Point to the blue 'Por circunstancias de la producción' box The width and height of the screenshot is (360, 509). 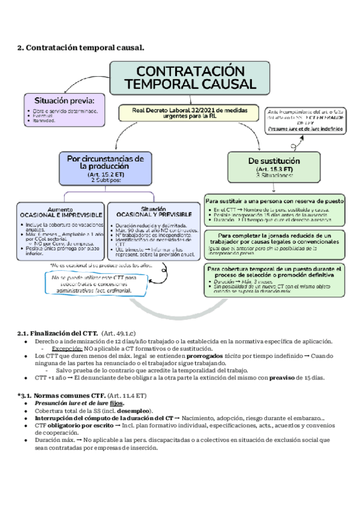tap(105, 167)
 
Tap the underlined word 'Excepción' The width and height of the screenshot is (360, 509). tap(67, 349)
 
